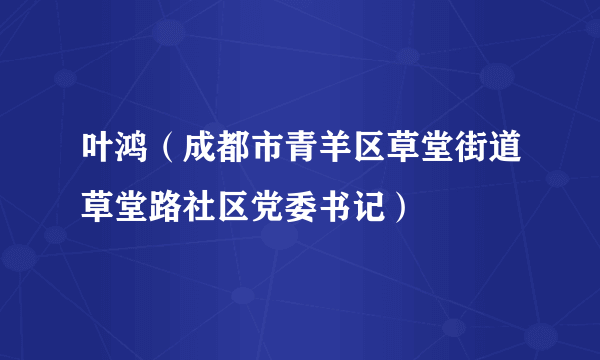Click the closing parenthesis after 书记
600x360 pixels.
pos(396,207)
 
